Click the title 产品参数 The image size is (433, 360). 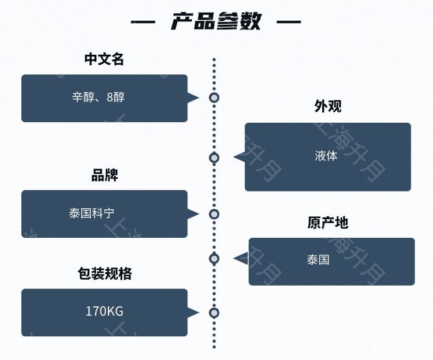click(x=216, y=22)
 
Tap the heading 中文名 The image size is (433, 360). click(x=104, y=59)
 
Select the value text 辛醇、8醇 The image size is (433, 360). click(x=98, y=97)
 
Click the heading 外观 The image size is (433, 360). click(x=328, y=107)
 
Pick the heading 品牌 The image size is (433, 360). click(x=104, y=175)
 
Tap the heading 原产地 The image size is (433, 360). click(x=327, y=223)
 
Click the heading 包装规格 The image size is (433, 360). click(x=104, y=273)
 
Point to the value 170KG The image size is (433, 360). click(x=104, y=312)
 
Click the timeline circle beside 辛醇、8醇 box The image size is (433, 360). click(x=214, y=97)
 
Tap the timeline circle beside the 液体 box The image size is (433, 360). click(x=214, y=157)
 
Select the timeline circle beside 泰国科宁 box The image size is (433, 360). click(x=214, y=214)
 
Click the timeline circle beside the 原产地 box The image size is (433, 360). click(x=214, y=258)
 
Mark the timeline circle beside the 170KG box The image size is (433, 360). click(x=214, y=313)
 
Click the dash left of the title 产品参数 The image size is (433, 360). click(x=143, y=22)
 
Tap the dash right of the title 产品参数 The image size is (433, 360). click(x=289, y=22)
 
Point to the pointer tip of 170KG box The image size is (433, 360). click(x=198, y=313)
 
